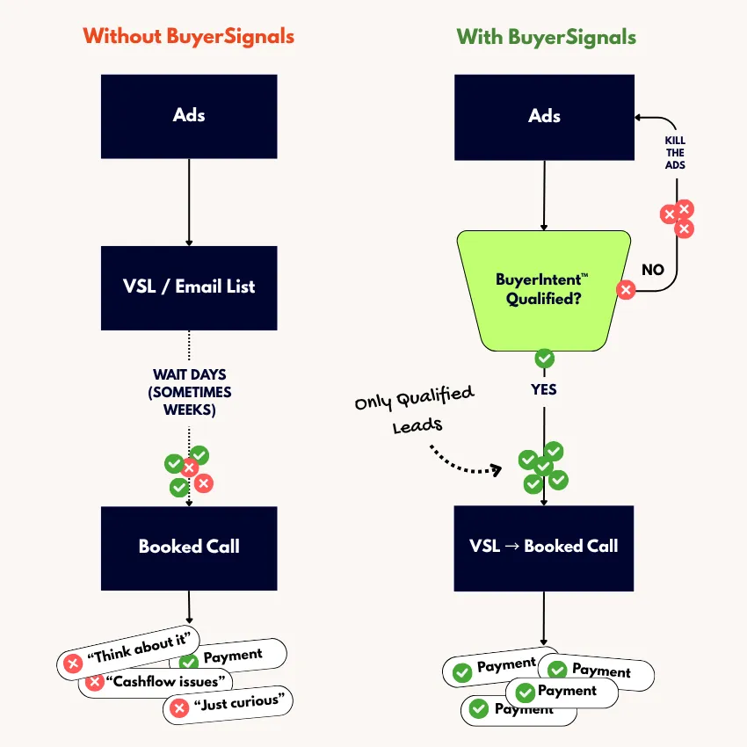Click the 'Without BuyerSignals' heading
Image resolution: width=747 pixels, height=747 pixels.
[188, 37]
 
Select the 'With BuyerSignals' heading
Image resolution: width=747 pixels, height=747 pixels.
[546, 37]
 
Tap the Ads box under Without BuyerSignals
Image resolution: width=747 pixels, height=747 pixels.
[189, 115]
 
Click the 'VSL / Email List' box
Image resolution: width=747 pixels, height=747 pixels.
[189, 286]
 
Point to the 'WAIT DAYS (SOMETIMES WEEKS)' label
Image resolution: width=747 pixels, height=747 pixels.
[190, 392]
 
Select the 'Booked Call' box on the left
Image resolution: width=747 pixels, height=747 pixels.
[189, 547]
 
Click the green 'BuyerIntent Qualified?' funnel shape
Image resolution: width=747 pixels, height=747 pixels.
[543, 289]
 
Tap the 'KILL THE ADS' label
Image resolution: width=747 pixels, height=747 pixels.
[675, 153]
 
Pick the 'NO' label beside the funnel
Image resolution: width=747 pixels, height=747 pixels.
[653, 270]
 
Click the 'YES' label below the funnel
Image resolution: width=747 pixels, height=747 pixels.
[544, 388]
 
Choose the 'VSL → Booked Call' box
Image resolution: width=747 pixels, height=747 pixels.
[543, 547]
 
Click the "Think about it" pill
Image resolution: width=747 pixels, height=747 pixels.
[132, 651]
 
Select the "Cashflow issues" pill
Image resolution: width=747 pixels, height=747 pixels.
[158, 681]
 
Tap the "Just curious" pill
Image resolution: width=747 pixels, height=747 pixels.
[228, 705]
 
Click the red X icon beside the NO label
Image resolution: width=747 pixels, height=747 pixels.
[626, 289]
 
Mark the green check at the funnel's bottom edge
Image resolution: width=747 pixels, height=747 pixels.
[545, 358]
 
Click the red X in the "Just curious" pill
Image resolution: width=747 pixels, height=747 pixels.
[179, 707]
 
